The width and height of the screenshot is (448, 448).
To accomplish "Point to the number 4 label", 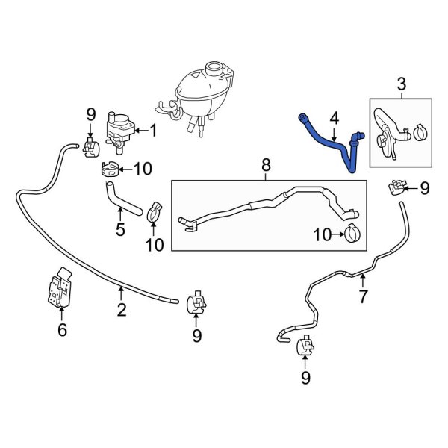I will (334, 117).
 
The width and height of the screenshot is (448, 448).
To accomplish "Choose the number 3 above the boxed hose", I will (401, 84).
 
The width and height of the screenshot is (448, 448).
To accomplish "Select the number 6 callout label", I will (62, 328).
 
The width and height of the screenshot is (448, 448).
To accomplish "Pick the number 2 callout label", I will (120, 308).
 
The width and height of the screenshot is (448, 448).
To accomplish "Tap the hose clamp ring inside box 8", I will (352, 234).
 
